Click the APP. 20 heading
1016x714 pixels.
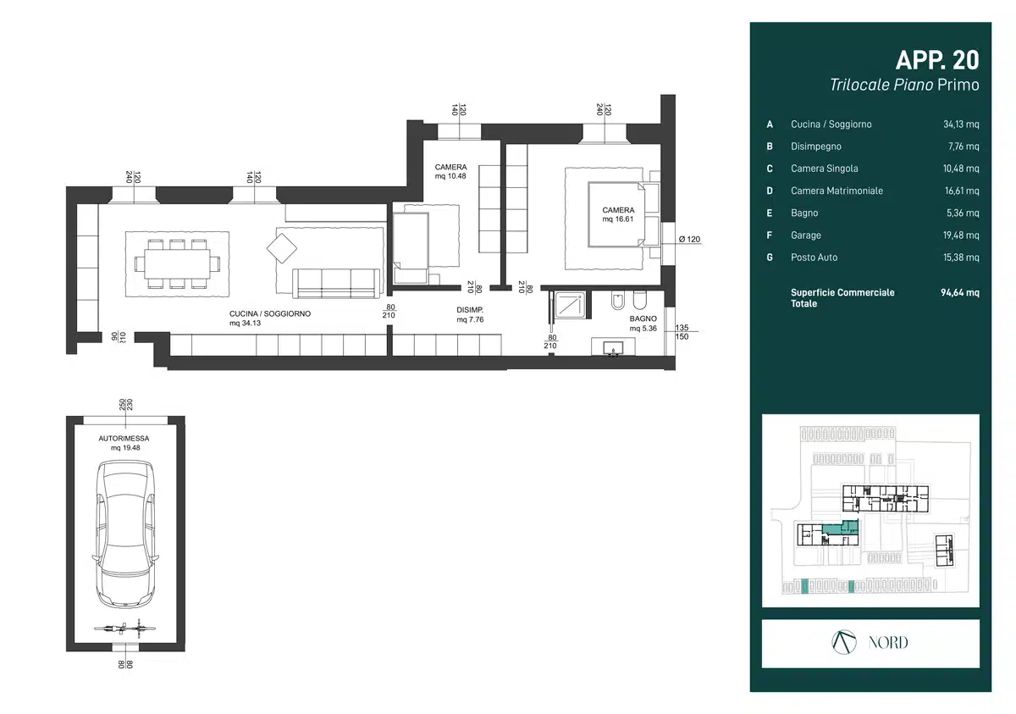937,60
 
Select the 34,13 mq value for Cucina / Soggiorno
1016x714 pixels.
961,125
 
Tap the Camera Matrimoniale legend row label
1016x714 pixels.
837,191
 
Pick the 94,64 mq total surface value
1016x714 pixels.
960,292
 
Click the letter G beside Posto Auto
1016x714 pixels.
770,257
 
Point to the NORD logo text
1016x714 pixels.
888,642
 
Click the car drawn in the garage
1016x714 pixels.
125,534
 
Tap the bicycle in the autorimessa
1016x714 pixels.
124,628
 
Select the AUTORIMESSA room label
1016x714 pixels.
124,438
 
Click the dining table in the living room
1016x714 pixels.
177,264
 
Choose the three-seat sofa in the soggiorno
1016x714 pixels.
336,284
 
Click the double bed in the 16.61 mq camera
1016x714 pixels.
616,214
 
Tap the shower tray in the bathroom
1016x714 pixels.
569,304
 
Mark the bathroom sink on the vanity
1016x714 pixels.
613,348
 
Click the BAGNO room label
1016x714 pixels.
643,319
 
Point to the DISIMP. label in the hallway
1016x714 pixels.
470,310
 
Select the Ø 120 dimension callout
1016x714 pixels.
689,239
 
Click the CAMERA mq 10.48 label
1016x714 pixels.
450,171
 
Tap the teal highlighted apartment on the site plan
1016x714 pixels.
840,527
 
